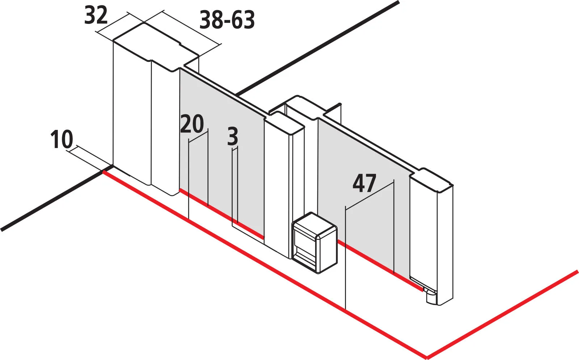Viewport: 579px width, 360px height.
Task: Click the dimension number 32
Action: [x=96, y=16]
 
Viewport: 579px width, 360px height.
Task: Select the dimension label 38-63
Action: [x=227, y=20]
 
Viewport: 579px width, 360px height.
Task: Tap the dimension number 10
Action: [x=62, y=139]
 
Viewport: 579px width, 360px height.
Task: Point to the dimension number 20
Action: [x=192, y=124]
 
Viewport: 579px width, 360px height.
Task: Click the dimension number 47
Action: [x=364, y=183]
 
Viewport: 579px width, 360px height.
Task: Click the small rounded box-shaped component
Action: [x=314, y=243]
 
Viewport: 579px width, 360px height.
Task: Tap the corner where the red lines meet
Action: [x=427, y=357]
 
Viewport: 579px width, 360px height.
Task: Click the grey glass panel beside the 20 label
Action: [x=222, y=155]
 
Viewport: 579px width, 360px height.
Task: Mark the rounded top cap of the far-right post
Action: [x=431, y=179]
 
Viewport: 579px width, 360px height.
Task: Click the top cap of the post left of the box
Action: [x=284, y=123]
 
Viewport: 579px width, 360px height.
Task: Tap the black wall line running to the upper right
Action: [x=318, y=48]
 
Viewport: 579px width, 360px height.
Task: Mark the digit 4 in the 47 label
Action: [x=358, y=183]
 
